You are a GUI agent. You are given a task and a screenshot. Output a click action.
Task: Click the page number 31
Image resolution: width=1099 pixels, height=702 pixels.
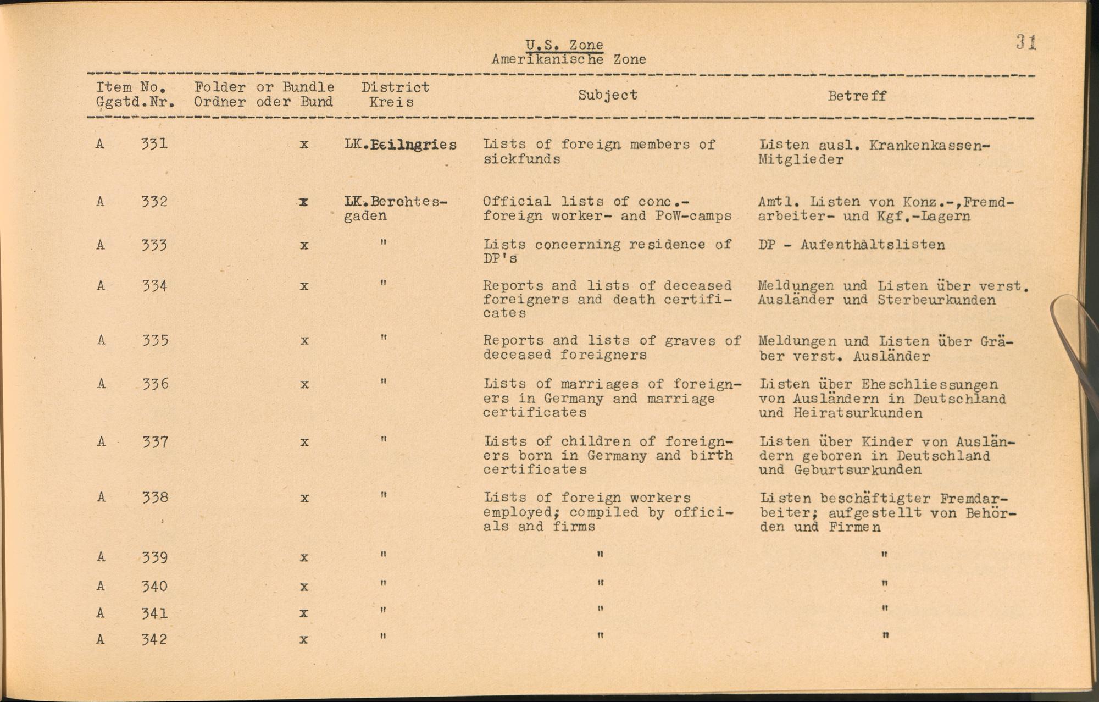point(1025,42)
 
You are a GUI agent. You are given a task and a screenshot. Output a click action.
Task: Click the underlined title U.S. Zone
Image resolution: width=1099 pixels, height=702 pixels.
point(564,45)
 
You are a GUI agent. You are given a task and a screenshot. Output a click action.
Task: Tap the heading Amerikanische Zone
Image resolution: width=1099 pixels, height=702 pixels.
point(568,59)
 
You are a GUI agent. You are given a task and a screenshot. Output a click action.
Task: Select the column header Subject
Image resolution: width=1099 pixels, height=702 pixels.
point(608,95)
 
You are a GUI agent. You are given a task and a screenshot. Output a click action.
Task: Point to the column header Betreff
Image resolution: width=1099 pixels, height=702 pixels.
point(857,96)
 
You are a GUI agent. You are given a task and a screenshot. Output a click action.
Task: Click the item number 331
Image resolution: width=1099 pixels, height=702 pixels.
point(154,144)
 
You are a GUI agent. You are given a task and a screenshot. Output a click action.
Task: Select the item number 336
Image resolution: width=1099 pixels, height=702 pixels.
point(154,384)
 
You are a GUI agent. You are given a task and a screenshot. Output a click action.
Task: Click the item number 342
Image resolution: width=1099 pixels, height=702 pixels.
point(154,639)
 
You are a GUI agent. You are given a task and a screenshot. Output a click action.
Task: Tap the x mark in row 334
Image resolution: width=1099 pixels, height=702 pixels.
point(304,286)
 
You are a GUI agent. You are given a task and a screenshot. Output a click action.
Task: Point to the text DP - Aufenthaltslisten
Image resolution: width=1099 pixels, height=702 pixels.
point(852,245)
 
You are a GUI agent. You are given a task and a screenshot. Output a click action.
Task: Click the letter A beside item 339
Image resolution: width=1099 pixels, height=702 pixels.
point(101,557)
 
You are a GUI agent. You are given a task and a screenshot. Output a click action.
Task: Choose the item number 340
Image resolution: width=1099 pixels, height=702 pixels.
point(154,586)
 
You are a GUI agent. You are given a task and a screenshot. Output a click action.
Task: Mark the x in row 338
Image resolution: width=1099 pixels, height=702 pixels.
point(304,499)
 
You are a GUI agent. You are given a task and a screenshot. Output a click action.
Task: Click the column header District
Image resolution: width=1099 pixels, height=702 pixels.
point(395,87)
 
